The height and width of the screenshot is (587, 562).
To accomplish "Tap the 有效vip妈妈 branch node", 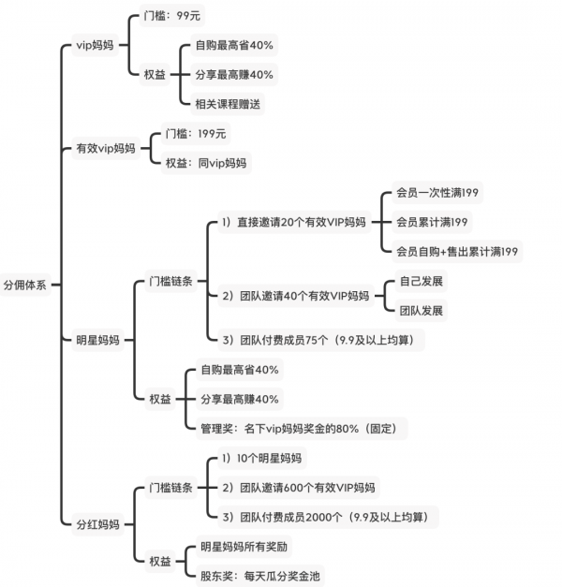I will click(106, 148).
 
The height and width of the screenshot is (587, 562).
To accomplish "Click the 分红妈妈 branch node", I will click(96, 523).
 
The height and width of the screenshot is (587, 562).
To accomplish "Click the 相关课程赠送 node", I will click(229, 103).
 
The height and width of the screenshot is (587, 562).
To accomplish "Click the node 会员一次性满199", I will click(438, 193).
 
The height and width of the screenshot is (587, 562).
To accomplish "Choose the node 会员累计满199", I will click(433, 222).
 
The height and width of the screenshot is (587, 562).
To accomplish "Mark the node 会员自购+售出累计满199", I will click(458, 251).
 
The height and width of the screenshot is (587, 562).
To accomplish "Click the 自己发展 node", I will click(421, 281).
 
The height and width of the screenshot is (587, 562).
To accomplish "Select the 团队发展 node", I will click(421, 310).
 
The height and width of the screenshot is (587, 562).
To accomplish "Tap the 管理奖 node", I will click(301, 428).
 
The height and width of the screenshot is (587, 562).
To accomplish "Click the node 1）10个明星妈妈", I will click(262, 459).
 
